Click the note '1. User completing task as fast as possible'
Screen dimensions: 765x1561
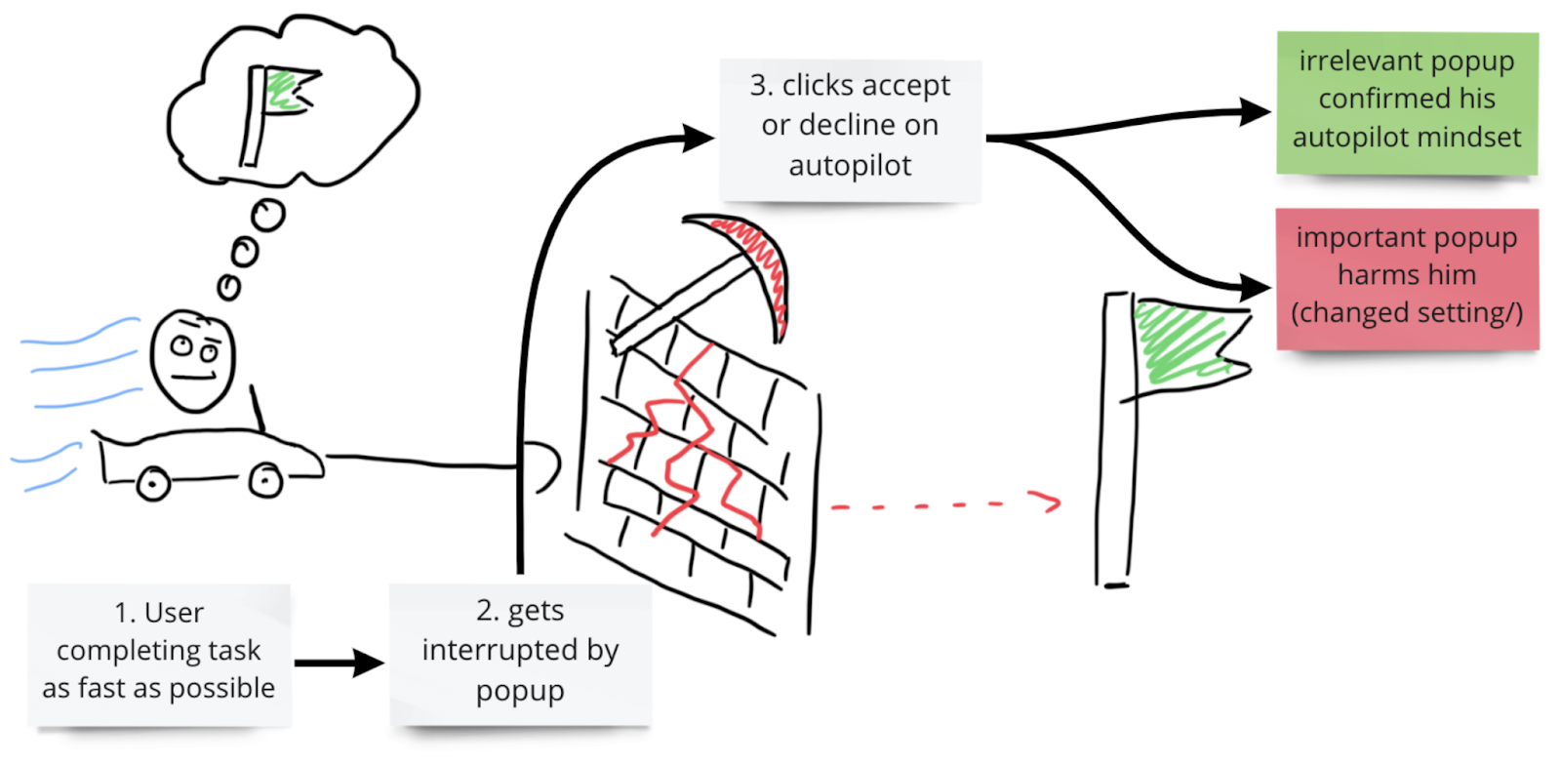coord(159,652)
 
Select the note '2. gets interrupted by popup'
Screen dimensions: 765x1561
coord(520,652)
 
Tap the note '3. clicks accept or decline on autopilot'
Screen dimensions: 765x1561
coord(850,127)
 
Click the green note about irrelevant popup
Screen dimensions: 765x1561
coord(1406,101)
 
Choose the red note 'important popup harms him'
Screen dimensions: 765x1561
coord(1406,277)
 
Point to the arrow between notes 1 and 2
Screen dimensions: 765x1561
coord(338,664)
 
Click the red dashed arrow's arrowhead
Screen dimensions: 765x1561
coord(1050,503)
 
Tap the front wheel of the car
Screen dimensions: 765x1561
coord(265,480)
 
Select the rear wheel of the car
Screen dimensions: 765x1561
coord(152,483)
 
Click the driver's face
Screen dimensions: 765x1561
coord(193,359)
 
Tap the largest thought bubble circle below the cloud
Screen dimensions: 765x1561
coord(267,214)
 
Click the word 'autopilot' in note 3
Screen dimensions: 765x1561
coord(850,166)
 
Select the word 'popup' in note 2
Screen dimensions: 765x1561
coord(520,691)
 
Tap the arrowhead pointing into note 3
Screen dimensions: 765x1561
coord(699,138)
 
